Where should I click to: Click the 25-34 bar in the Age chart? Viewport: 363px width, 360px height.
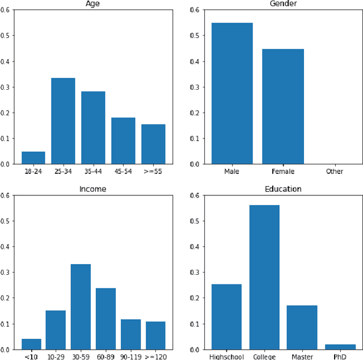63,121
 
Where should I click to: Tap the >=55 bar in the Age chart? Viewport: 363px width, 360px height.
153,144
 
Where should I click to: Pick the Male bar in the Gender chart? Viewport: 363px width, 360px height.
232,94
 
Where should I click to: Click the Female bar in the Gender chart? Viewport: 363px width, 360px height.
282,107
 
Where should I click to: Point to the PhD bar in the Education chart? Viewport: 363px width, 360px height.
340,346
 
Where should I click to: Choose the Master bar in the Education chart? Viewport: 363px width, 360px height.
302,327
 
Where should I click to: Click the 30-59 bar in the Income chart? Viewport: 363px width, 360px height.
81,307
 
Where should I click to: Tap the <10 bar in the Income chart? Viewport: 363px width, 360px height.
31,344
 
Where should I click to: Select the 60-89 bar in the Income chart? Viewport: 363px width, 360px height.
105,319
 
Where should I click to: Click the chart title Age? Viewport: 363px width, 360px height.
93,4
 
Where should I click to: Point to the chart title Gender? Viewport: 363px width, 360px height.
283,4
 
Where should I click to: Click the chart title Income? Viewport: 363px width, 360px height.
93,189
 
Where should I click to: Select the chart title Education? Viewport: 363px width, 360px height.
283,189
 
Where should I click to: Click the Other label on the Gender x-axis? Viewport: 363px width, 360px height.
334,171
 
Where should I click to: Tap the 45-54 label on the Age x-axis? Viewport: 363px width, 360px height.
123,171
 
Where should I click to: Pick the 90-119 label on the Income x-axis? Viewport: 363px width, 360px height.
130,356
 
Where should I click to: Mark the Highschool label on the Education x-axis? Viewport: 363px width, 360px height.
226,356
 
